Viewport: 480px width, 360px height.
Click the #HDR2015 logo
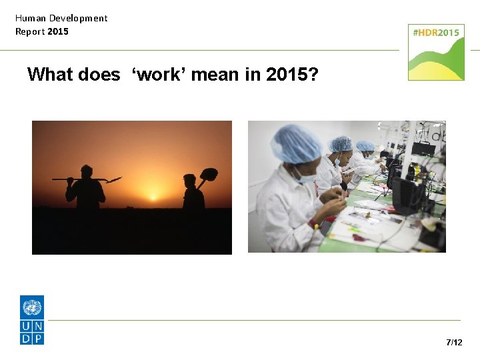coord(436,52)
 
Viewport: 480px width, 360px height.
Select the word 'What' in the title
coord(50,74)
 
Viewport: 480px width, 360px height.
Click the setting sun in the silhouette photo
coord(153,197)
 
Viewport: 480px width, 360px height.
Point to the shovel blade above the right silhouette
coord(209,174)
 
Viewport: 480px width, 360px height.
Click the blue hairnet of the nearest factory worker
coord(296,143)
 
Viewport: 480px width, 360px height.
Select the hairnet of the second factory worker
coord(341,144)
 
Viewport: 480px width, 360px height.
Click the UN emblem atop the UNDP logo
coord(32,307)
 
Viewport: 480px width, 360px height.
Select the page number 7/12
coord(454,342)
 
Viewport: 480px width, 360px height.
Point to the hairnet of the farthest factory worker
coord(365,145)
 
